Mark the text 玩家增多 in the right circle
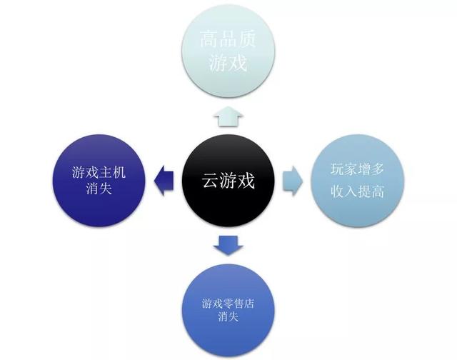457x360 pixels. [x=359, y=170]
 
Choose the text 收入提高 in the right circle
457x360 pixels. [x=358, y=191]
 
